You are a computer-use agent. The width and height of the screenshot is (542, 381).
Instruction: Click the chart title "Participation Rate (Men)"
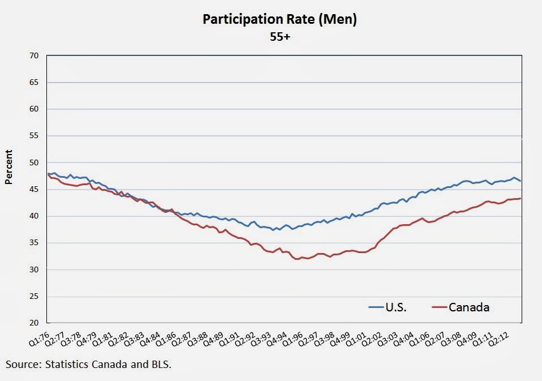click(x=279, y=20)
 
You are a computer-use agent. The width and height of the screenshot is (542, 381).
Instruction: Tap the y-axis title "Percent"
click(x=8, y=168)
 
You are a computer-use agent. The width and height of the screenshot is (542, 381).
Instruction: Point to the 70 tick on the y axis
click(x=33, y=55)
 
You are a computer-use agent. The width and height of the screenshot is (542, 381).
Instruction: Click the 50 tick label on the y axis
click(x=33, y=162)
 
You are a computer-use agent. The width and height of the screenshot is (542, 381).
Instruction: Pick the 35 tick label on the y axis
click(x=33, y=243)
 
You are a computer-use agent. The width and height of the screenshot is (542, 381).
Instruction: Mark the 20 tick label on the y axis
click(x=33, y=323)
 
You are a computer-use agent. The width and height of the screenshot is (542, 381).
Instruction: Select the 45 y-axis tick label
click(x=33, y=189)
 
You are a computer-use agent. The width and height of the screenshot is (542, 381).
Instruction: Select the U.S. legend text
click(x=396, y=307)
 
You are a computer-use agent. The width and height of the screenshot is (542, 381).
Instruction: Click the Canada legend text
click(x=469, y=307)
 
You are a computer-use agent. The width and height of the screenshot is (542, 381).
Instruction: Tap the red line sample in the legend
click(x=439, y=307)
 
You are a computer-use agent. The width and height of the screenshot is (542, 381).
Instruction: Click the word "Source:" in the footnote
click(x=23, y=364)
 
